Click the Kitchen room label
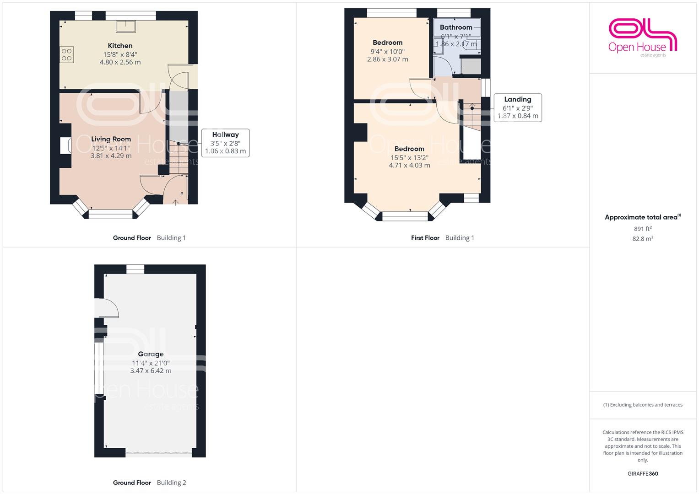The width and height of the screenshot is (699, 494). (x=120, y=46)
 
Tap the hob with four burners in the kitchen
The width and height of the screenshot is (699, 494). (x=66, y=54)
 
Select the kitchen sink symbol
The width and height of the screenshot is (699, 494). (x=126, y=27)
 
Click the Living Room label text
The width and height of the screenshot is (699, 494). (x=111, y=139)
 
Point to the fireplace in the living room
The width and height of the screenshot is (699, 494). (x=65, y=145)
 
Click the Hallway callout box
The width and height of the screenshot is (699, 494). (x=225, y=143)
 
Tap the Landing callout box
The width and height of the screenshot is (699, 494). (x=518, y=107)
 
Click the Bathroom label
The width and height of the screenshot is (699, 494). (x=456, y=27)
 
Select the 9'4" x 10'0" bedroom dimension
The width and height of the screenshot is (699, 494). (x=388, y=51)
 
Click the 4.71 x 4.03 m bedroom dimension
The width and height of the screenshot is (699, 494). (x=409, y=165)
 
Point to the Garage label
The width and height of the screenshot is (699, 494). (x=151, y=354)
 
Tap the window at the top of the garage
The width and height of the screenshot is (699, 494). (x=135, y=269)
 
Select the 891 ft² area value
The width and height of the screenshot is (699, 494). (x=643, y=229)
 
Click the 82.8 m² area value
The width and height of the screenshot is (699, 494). (x=643, y=239)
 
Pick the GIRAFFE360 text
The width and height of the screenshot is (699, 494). (x=643, y=474)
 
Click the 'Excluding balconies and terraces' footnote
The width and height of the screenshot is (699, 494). (x=643, y=405)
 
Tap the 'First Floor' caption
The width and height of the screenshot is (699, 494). (x=425, y=238)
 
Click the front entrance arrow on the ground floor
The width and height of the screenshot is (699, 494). (x=176, y=202)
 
